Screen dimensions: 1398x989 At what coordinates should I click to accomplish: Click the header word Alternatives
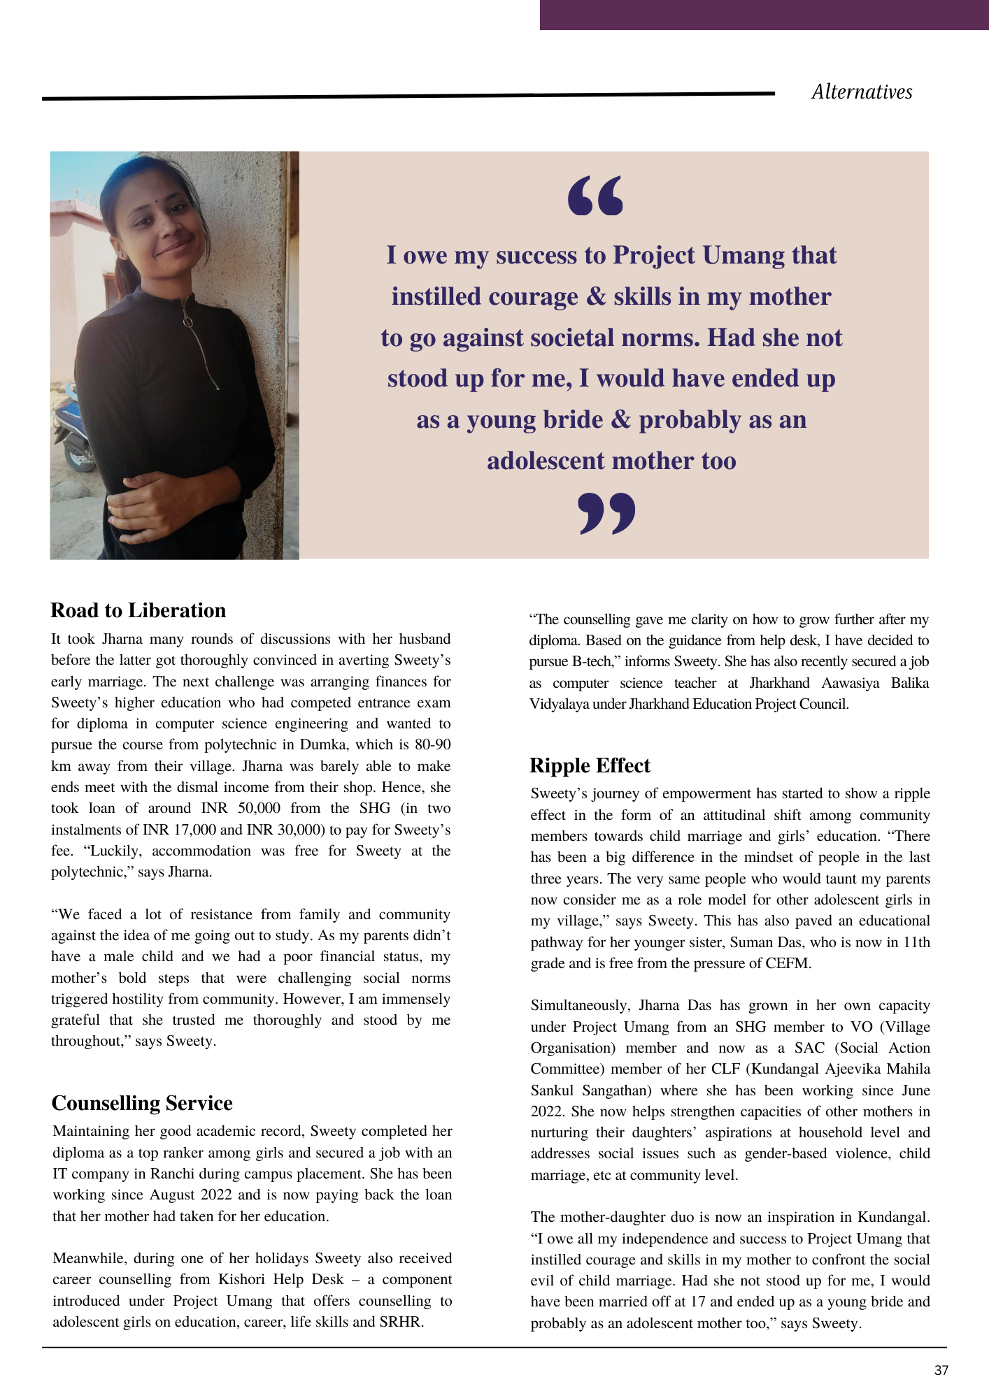pyautogui.click(x=862, y=92)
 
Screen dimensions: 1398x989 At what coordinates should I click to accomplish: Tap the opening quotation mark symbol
pyautogui.click(x=595, y=196)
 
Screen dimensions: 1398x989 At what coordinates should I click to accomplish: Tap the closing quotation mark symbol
pyautogui.click(x=607, y=513)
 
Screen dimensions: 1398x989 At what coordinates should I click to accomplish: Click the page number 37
pyautogui.click(x=941, y=1370)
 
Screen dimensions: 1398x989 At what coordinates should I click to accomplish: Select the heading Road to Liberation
pyautogui.click(x=138, y=610)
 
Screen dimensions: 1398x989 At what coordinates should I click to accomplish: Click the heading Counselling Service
pyautogui.click(x=142, y=1103)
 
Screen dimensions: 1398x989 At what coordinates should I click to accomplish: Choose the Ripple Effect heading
pyautogui.click(x=590, y=765)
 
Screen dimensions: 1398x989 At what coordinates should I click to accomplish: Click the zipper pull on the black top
pyautogui.click(x=188, y=321)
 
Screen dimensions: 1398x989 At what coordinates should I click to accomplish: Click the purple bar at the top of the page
pyautogui.click(x=764, y=15)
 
